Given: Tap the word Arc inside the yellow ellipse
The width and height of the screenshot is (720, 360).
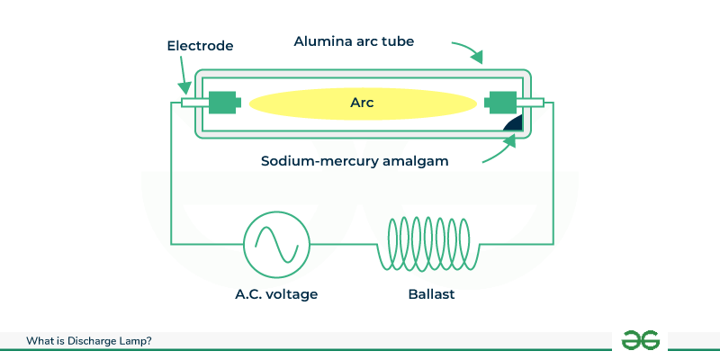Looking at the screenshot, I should click(x=361, y=103).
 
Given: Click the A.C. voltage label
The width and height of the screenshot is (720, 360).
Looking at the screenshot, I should click(x=277, y=294).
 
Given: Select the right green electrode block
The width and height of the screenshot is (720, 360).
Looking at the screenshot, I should click(x=499, y=103).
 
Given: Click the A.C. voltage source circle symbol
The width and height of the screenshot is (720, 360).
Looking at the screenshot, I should click(x=277, y=243).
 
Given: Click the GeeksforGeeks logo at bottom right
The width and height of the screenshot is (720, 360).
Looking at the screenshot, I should click(x=640, y=339).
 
